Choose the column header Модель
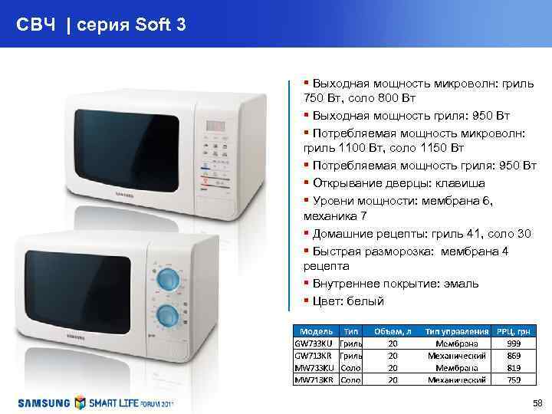click(x=314, y=330)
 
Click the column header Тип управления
click(x=456, y=330)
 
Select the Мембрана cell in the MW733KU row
click(x=456, y=367)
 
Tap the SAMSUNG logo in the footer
click(x=44, y=402)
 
